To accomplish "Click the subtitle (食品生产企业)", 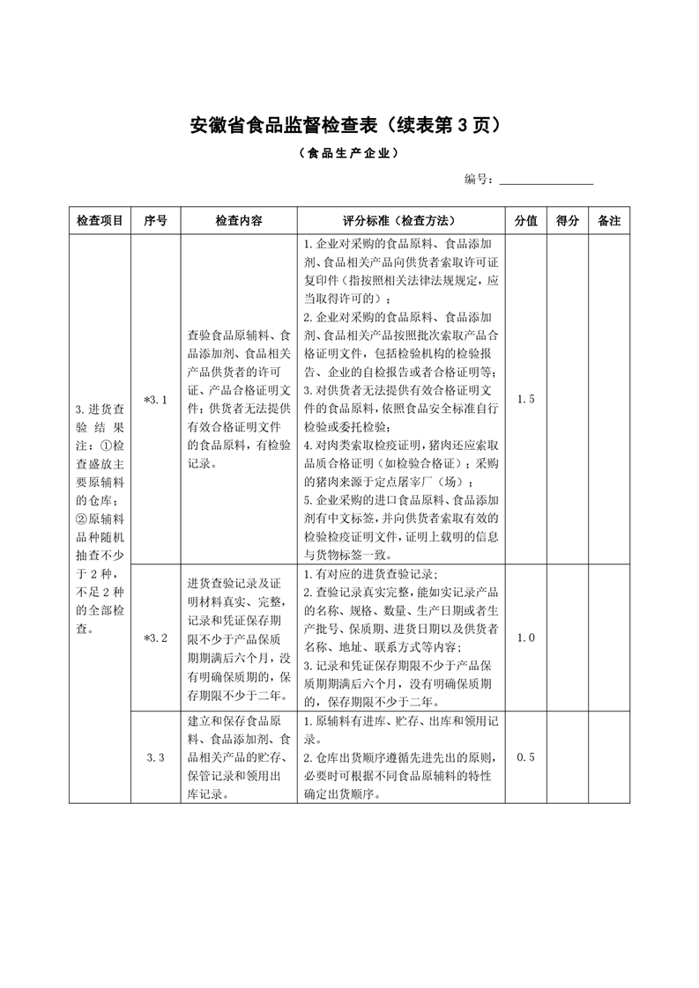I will point(349,153).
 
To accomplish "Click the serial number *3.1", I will point(155,400).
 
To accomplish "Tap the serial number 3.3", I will point(155,757).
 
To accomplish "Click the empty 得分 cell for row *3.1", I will point(568,400).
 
